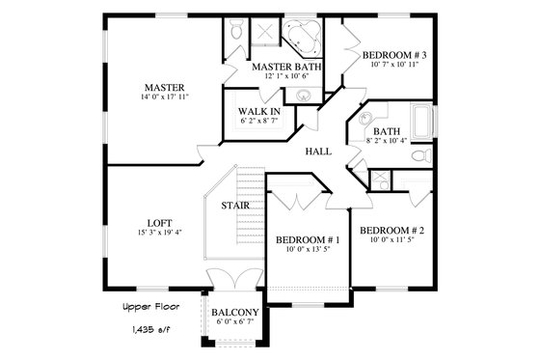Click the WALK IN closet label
tap(259, 112)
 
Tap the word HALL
tap(319, 152)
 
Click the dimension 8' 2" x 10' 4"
tap(387, 141)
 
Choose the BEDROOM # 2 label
tap(391, 230)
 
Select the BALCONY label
tap(234, 311)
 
